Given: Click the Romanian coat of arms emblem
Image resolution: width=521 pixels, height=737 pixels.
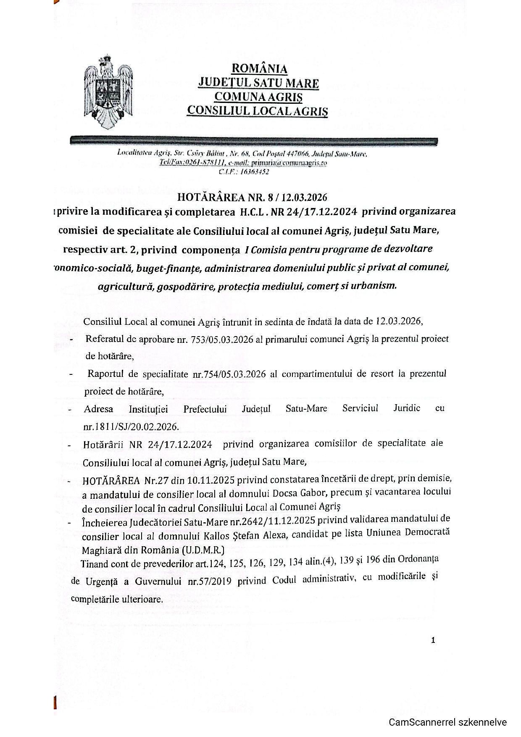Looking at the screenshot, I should click(x=109, y=92).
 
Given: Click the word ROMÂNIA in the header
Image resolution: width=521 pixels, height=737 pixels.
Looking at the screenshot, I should click(x=260, y=68).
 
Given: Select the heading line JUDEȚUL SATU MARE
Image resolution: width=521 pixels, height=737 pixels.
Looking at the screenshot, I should click(x=258, y=83).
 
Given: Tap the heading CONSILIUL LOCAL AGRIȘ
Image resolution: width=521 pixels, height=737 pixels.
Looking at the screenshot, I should click(x=258, y=111).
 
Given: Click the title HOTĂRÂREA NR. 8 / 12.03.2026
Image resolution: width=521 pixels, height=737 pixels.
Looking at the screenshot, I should click(x=252, y=197).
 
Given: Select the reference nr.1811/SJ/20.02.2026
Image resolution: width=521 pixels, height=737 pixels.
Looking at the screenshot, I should click(x=131, y=426).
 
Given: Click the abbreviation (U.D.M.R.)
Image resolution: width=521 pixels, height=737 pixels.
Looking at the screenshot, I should click(x=203, y=550).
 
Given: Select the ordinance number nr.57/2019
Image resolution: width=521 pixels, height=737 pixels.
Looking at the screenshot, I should click(x=211, y=581).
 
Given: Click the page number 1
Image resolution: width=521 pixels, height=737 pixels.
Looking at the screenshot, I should click(x=433, y=640).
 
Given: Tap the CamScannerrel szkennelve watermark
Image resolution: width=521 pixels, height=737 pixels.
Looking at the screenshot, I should click(x=447, y=722).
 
